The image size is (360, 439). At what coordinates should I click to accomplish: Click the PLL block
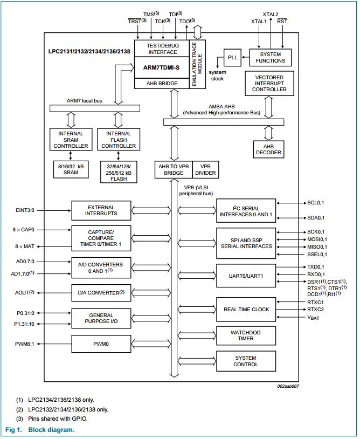point(233,57)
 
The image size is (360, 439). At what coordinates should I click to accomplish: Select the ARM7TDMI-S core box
point(161,67)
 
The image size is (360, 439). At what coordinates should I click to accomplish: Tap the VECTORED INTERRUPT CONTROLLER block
point(270,84)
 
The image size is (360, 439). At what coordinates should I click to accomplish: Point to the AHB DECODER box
point(268,149)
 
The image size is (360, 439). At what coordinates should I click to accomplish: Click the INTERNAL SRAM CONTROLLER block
point(71,140)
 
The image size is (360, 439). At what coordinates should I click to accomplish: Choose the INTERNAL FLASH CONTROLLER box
point(119,140)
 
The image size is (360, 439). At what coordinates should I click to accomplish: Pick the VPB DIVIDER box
point(204,170)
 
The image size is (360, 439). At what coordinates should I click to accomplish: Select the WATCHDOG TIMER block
point(245,335)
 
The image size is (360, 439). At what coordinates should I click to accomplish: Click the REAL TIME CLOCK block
point(245,309)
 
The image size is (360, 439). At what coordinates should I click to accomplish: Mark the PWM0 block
point(101,343)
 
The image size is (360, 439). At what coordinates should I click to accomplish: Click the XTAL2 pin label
point(271,14)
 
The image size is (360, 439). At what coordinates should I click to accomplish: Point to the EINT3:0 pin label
point(26,210)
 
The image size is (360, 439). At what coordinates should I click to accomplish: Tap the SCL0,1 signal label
point(316,203)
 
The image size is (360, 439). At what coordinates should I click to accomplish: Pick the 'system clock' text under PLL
point(217,75)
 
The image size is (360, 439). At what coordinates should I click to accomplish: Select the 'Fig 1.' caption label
point(14,430)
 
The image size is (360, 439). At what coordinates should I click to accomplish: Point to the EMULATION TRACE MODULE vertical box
point(196,64)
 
